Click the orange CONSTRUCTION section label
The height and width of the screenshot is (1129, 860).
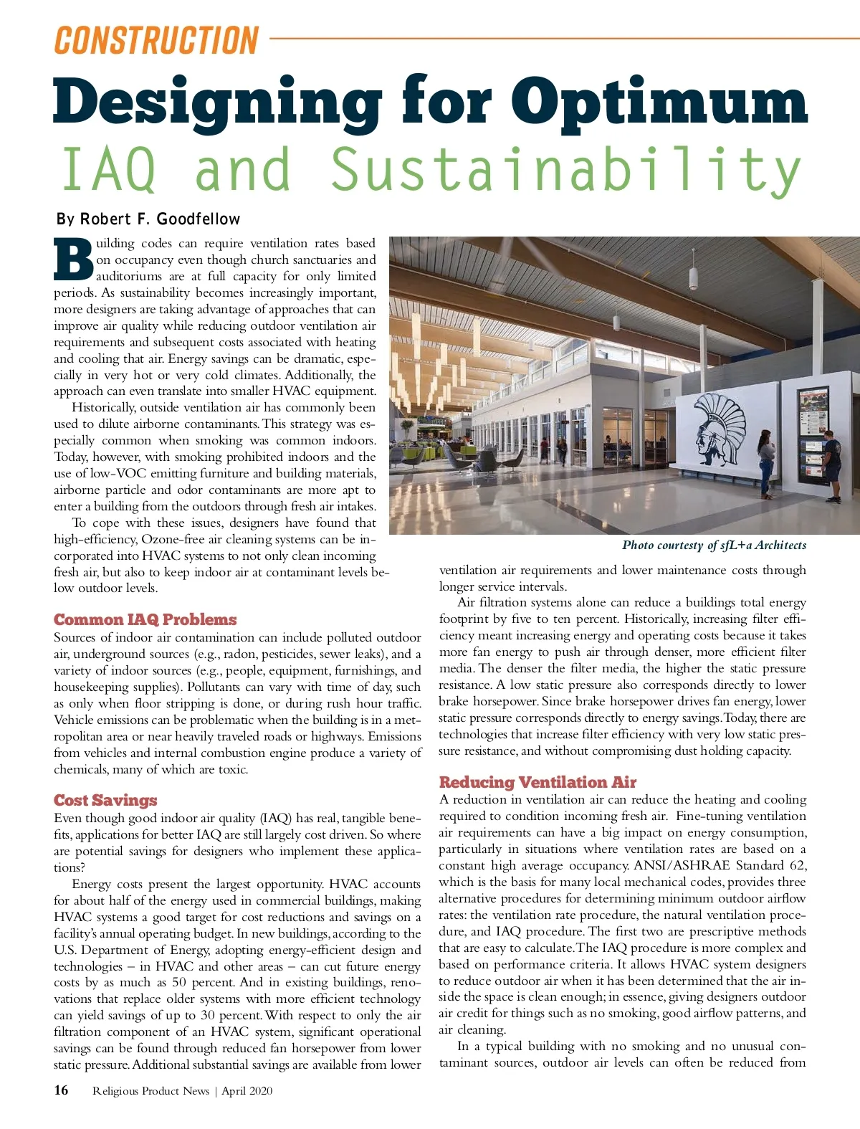click(156, 40)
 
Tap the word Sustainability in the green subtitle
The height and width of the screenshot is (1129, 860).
click(566, 171)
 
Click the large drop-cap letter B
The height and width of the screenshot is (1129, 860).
click(73, 259)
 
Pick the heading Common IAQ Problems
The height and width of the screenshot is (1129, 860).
click(145, 619)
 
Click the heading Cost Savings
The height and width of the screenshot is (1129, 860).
click(105, 800)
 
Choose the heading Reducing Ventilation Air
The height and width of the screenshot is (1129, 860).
click(537, 782)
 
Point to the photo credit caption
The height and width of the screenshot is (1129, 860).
click(714, 546)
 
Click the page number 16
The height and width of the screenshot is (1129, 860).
click(62, 1090)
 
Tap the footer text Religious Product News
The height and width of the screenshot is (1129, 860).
click(150, 1091)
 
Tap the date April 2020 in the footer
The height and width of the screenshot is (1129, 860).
click(247, 1091)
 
